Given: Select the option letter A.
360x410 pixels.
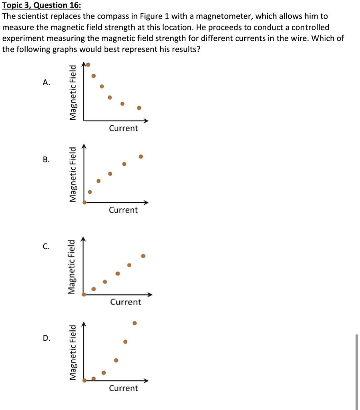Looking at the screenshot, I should coord(46,83).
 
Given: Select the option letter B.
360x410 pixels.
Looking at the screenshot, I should coord(46,159).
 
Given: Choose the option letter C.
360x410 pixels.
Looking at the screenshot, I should coord(46,247).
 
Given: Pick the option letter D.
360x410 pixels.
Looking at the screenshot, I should coord(46,338).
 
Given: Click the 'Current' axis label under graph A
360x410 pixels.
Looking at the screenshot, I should coord(123,129).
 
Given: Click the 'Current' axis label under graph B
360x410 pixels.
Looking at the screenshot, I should coord(123,210).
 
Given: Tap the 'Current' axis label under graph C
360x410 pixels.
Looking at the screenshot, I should coord(126,302).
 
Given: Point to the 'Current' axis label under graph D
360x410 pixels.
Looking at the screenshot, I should coord(123,388).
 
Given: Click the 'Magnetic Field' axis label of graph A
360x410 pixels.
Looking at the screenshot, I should coord(72,92).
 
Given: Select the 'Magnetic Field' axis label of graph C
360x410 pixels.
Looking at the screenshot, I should coord(71,267).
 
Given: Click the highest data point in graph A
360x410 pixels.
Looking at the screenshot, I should coord(88,64).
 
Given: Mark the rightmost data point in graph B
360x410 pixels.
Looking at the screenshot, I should coord(141,157).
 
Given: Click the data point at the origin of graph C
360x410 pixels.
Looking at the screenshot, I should coord(84,295).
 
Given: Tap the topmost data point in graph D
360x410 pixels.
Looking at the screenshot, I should coord(135,323).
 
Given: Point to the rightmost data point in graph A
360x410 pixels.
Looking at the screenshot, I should coord(139,108).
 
